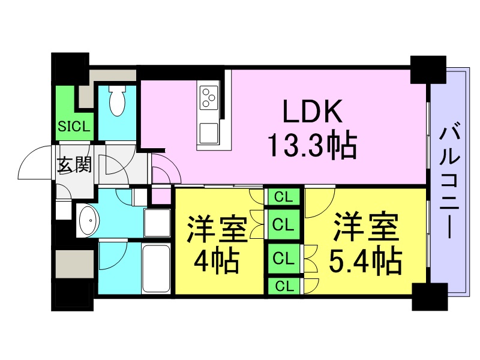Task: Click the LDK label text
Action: pos(312,111)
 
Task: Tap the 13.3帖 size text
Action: pos(312,145)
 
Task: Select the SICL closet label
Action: pos(74,126)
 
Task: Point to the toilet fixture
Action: pos(118,100)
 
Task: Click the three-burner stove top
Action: pos(209,97)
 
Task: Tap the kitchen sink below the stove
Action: pos(209,133)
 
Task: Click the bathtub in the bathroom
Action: pos(156,268)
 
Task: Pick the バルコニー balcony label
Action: pos(449,180)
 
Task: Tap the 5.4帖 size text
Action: pos(365,260)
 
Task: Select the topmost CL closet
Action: pos(284,197)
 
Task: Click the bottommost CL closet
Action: pos(284,286)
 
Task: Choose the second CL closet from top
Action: pos(284,224)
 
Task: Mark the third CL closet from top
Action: pos(284,259)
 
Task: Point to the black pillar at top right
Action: pos(428,70)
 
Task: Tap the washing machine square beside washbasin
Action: pos(157,223)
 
